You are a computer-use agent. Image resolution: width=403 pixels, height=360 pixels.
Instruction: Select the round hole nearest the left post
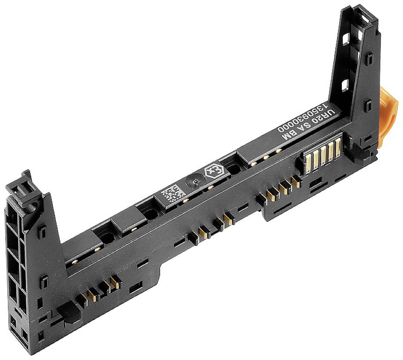(x=107, y=239)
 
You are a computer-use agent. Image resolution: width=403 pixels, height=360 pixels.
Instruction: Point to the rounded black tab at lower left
(x=66, y=310)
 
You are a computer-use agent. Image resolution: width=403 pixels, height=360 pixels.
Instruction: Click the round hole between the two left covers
(x=151, y=215)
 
